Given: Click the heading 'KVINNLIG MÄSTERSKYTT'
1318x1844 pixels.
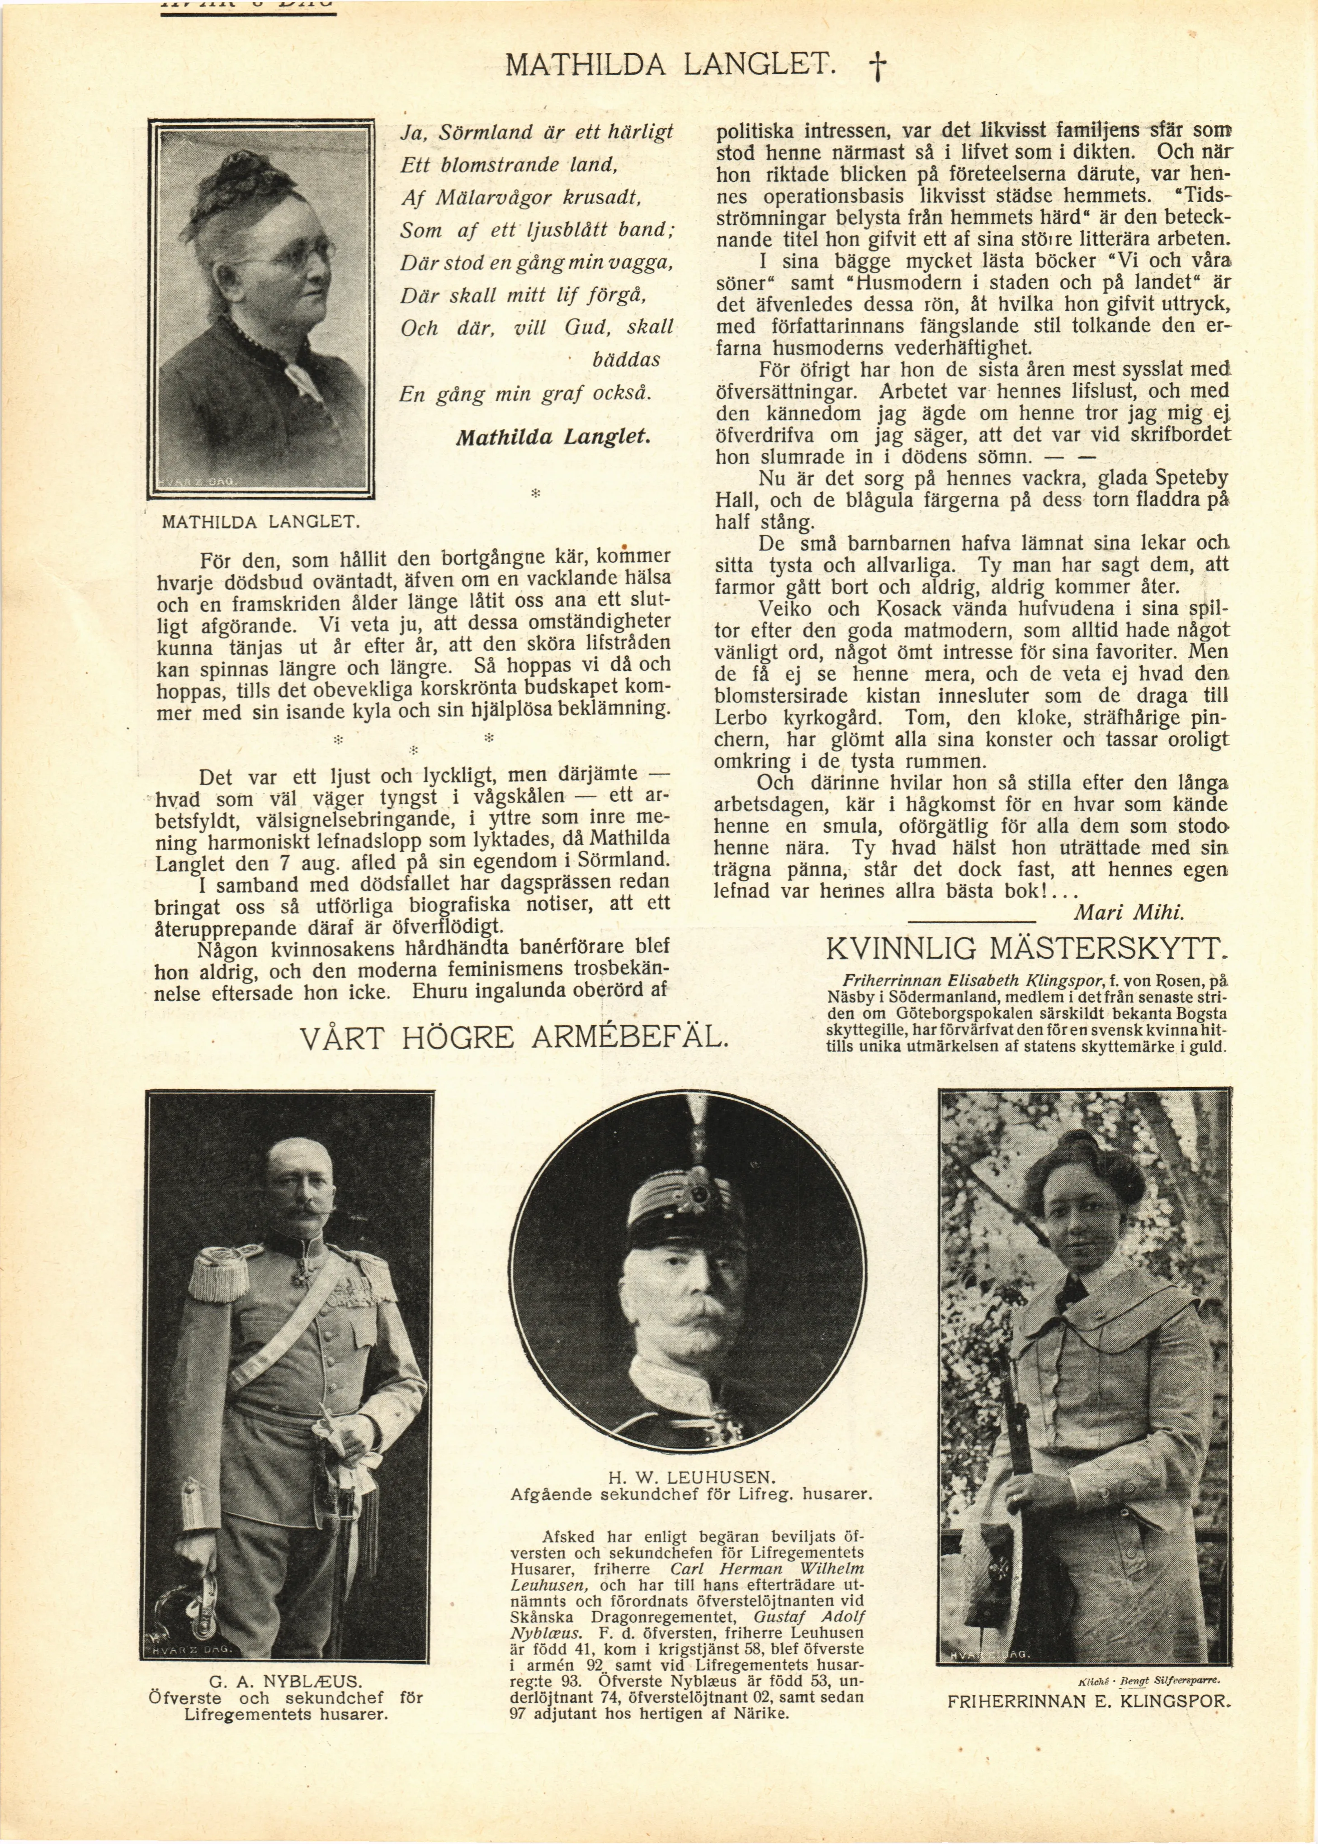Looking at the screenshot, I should [1024, 948].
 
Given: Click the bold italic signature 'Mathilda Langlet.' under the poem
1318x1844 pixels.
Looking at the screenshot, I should [554, 437].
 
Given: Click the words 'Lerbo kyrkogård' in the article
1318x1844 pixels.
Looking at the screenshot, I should [798, 718].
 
